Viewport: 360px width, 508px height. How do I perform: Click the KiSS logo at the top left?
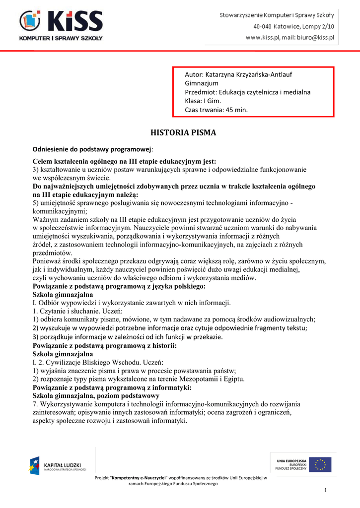click(x=61, y=25)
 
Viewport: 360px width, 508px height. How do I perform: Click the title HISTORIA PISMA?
click(x=183, y=133)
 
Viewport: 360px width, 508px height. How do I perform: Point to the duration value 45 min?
click(x=236, y=110)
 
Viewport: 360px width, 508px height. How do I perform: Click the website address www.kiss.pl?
click(x=263, y=37)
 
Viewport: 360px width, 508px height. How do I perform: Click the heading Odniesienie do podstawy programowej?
click(x=92, y=149)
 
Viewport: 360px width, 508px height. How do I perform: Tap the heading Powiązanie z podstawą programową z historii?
click(x=105, y=345)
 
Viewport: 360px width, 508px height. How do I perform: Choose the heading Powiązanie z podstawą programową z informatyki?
click(x=112, y=387)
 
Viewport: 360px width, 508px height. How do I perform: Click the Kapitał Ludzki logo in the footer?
click(x=58, y=466)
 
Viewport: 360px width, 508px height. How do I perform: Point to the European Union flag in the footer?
click(x=320, y=465)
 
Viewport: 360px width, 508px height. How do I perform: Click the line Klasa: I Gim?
click(x=203, y=101)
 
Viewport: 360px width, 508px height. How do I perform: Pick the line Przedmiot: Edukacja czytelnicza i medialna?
click(x=247, y=92)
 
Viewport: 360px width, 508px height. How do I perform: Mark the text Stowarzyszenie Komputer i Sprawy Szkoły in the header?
click(x=277, y=16)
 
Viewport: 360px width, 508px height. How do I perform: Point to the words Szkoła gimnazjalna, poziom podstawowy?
click(x=96, y=396)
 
